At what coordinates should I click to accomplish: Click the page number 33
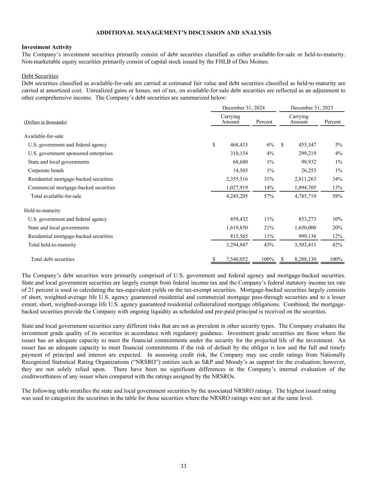(x=183, y=466)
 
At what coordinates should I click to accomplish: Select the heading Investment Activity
(x=47, y=47)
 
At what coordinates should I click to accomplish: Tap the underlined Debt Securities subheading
(x=40, y=76)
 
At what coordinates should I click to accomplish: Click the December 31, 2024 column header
(x=243, y=108)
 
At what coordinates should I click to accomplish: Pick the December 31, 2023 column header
(x=312, y=108)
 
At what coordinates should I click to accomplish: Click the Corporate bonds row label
(x=46, y=171)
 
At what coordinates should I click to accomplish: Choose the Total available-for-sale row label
(x=56, y=196)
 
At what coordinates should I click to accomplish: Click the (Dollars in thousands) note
(x=45, y=122)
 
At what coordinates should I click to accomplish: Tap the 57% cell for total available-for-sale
(x=269, y=196)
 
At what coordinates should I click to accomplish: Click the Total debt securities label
(x=53, y=259)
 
